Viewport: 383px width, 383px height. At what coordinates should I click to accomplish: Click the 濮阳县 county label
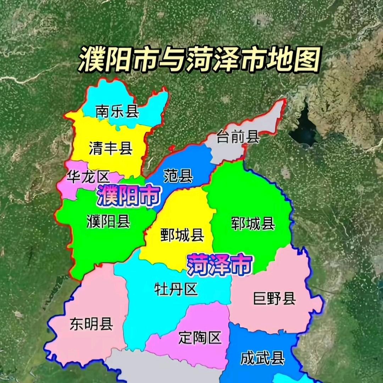point(109,222)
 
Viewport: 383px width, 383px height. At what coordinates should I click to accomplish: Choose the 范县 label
point(178,176)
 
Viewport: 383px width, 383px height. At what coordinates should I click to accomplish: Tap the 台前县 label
point(238,137)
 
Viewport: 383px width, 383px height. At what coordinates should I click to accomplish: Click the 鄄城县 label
point(182,235)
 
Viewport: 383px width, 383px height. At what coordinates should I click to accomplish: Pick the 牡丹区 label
point(176,289)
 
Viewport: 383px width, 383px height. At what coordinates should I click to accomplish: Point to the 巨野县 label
point(274,299)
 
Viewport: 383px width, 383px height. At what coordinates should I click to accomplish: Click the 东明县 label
point(91,324)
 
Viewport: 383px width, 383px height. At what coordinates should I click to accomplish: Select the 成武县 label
point(262,359)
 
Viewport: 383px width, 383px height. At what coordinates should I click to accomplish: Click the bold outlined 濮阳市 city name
point(128,196)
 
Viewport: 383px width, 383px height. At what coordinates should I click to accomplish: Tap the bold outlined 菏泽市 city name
point(220,265)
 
